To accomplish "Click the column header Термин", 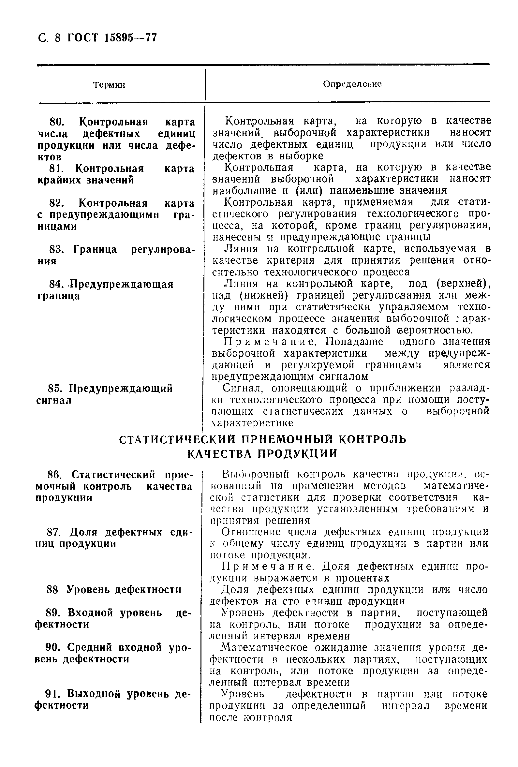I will click(109, 85).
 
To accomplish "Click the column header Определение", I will click(352, 84).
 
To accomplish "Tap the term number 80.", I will click(56, 122).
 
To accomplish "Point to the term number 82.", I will click(56, 203).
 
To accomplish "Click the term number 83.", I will click(56, 249).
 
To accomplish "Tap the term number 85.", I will click(55, 389).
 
